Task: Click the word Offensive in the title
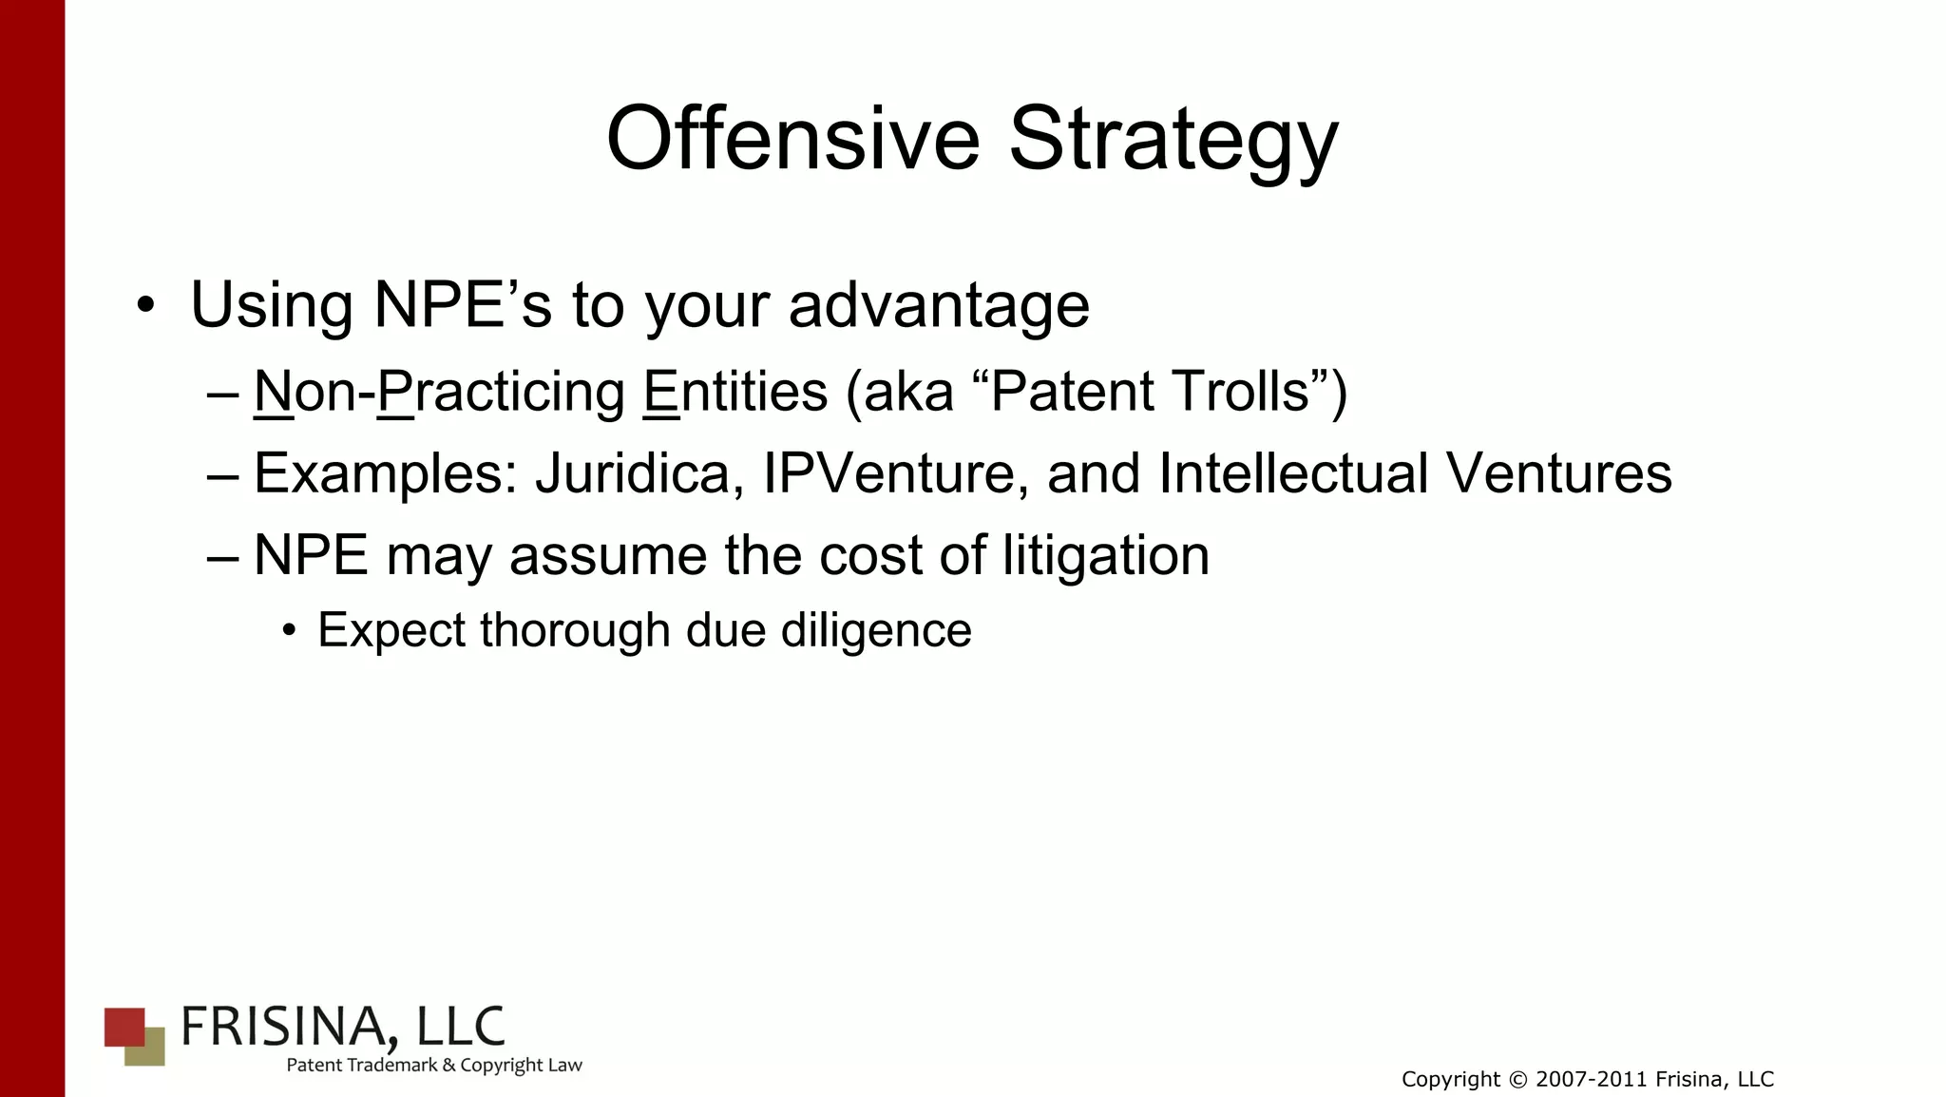coord(792,139)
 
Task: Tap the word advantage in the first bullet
coord(939,306)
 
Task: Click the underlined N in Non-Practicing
coord(273,392)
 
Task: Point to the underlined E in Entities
coord(661,392)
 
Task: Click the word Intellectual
coord(1293,472)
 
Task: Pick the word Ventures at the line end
coord(1558,472)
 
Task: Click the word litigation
coord(1106,555)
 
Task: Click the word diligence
coord(876,630)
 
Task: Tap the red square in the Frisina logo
coord(123,1026)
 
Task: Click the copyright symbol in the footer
coord(1517,1080)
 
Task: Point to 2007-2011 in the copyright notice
coord(1591,1080)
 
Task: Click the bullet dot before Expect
coord(290,631)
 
